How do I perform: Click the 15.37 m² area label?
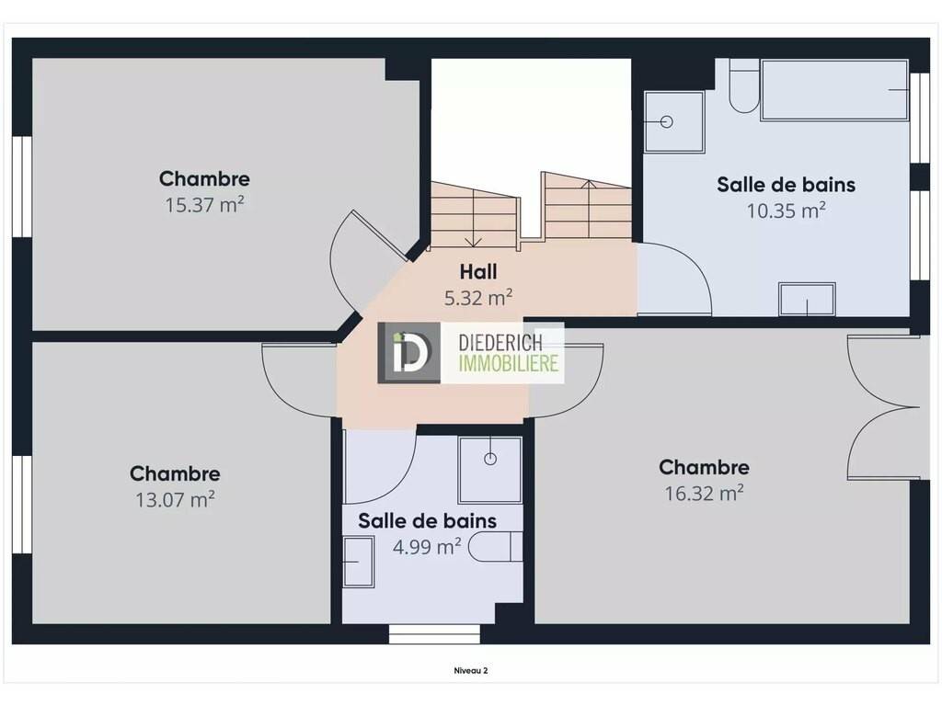[204, 205]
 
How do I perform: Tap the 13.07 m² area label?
[175, 500]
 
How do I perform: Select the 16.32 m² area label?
[704, 494]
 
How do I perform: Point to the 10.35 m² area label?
[786, 211]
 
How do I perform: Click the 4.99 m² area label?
[427, 547]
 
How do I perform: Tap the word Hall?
[478, 272]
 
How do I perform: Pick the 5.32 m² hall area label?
[478, 298]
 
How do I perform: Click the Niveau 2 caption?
[471, 670]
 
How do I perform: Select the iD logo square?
[408, 353]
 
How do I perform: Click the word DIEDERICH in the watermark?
[500, 343]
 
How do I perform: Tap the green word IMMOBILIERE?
[509, 363]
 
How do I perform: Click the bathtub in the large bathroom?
[834, 90]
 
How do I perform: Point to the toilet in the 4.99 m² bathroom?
[495, 546]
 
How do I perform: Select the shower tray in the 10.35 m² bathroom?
[673, 122]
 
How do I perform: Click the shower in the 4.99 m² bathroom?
[490, 470]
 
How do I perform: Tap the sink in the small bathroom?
[359, 562]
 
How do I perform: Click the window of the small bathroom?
[434, 634]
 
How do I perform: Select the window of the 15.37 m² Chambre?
[22, 187]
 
